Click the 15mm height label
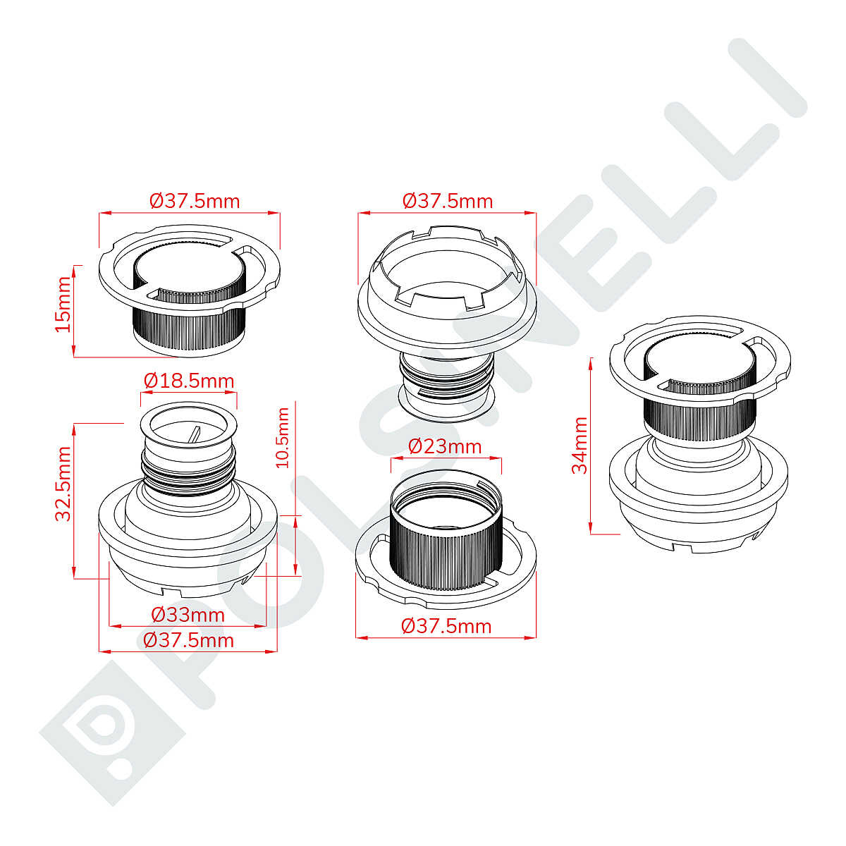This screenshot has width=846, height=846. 63,304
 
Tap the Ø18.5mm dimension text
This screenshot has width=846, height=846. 189,381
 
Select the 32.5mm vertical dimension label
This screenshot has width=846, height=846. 63,484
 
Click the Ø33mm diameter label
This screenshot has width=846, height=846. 188,615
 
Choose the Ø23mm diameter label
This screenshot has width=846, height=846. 445,447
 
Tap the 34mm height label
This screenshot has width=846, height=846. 579,445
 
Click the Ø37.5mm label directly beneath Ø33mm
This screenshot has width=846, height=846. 188,641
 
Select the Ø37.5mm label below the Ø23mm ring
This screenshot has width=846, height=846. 446,626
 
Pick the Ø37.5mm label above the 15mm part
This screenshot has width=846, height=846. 195,202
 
